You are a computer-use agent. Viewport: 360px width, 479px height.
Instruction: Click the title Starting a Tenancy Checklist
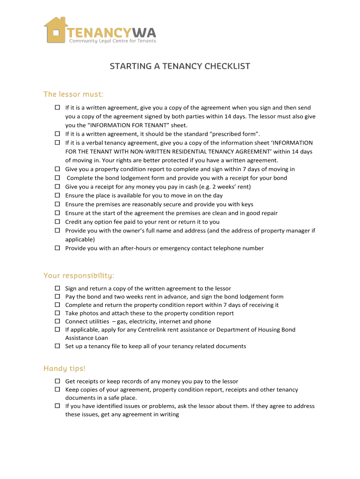point(180,66)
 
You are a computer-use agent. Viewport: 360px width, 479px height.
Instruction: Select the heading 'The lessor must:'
point(73,94)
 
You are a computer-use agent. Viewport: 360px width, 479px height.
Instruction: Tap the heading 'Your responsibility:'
point(79,275)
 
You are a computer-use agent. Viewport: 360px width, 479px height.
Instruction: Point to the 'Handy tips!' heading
point(65,369)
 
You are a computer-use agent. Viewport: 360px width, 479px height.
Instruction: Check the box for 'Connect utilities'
point(58,321)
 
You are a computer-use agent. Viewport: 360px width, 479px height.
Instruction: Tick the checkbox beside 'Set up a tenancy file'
point(58,346)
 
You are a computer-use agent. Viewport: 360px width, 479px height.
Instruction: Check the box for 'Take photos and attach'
point(58,313)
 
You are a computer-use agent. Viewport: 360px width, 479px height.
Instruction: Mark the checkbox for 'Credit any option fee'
point(58,222)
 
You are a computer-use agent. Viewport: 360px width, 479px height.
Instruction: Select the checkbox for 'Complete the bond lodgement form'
point(58,178)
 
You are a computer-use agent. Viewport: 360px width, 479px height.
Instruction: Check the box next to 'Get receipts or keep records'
point(58,381)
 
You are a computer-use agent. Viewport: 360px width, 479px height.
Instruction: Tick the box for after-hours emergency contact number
point(58,248)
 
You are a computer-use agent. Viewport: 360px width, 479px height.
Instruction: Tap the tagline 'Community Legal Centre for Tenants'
point(113,41)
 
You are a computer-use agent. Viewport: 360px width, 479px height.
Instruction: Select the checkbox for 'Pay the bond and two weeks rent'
point(58,297)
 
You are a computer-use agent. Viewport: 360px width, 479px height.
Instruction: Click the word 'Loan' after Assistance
point(101,338)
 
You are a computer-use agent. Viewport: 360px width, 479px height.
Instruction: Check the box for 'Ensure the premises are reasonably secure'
point(58,204)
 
